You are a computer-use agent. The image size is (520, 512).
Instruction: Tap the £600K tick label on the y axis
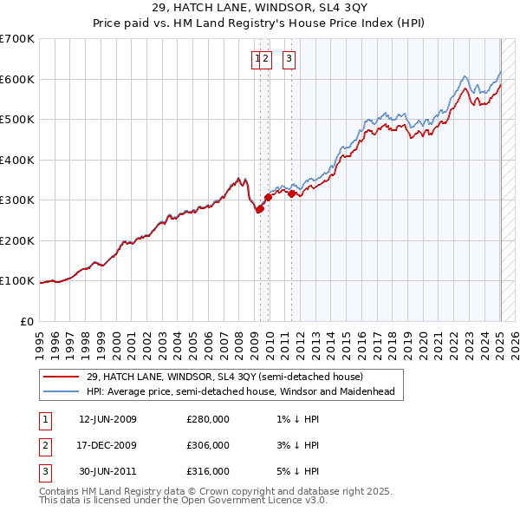(17, 79)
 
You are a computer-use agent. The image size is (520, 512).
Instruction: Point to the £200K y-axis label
(17, 240)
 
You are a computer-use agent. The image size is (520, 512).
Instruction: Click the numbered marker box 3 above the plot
(289, 59)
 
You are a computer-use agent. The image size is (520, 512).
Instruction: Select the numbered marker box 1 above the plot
(257, 59)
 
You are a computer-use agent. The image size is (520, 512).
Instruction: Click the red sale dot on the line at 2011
(291, 194)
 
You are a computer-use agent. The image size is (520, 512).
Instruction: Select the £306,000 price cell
(208, 445)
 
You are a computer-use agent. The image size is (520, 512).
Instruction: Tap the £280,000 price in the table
(208, 419)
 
